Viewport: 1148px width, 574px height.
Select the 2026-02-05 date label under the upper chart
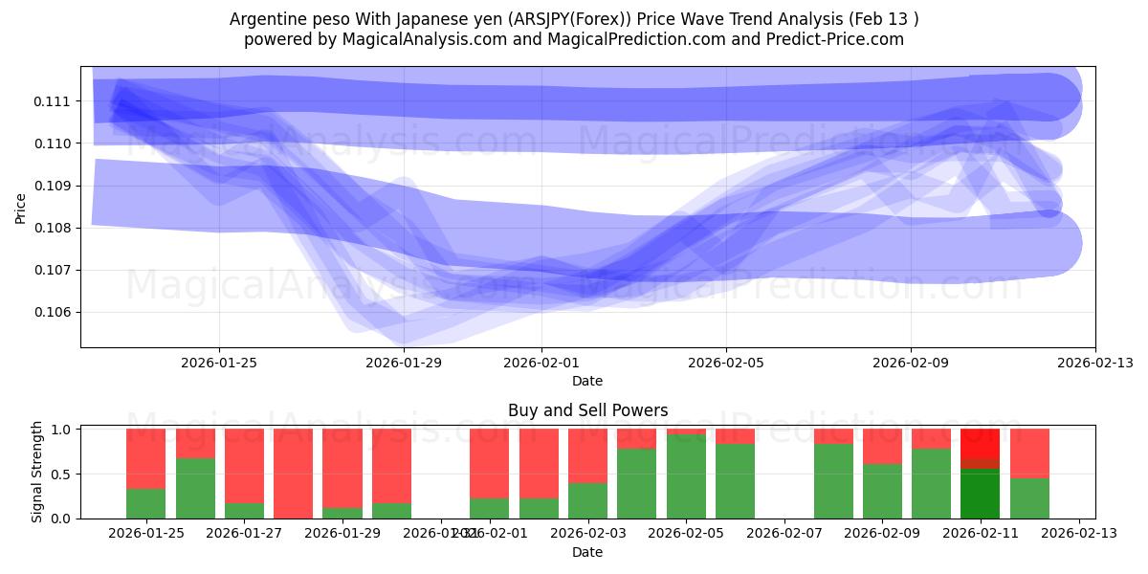coord(725,363)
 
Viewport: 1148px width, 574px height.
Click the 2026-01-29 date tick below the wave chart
coord(404,363)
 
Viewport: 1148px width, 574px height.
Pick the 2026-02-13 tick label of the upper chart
coord(1094,363)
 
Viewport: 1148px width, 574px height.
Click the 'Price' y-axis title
coord(21,208)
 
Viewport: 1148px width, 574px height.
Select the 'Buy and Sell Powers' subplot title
coord(587,410)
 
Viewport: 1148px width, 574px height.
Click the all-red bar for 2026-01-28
coord(293,474)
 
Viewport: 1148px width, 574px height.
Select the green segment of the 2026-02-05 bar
coord(686,476)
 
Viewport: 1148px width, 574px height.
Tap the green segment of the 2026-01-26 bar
coord(195,489)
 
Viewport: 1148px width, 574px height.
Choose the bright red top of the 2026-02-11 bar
coord(980,442)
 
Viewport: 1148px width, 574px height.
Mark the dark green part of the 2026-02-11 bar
coord(980,494)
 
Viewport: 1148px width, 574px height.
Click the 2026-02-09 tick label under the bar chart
coord(882,534)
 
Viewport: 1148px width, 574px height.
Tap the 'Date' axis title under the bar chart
coord(587,552)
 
